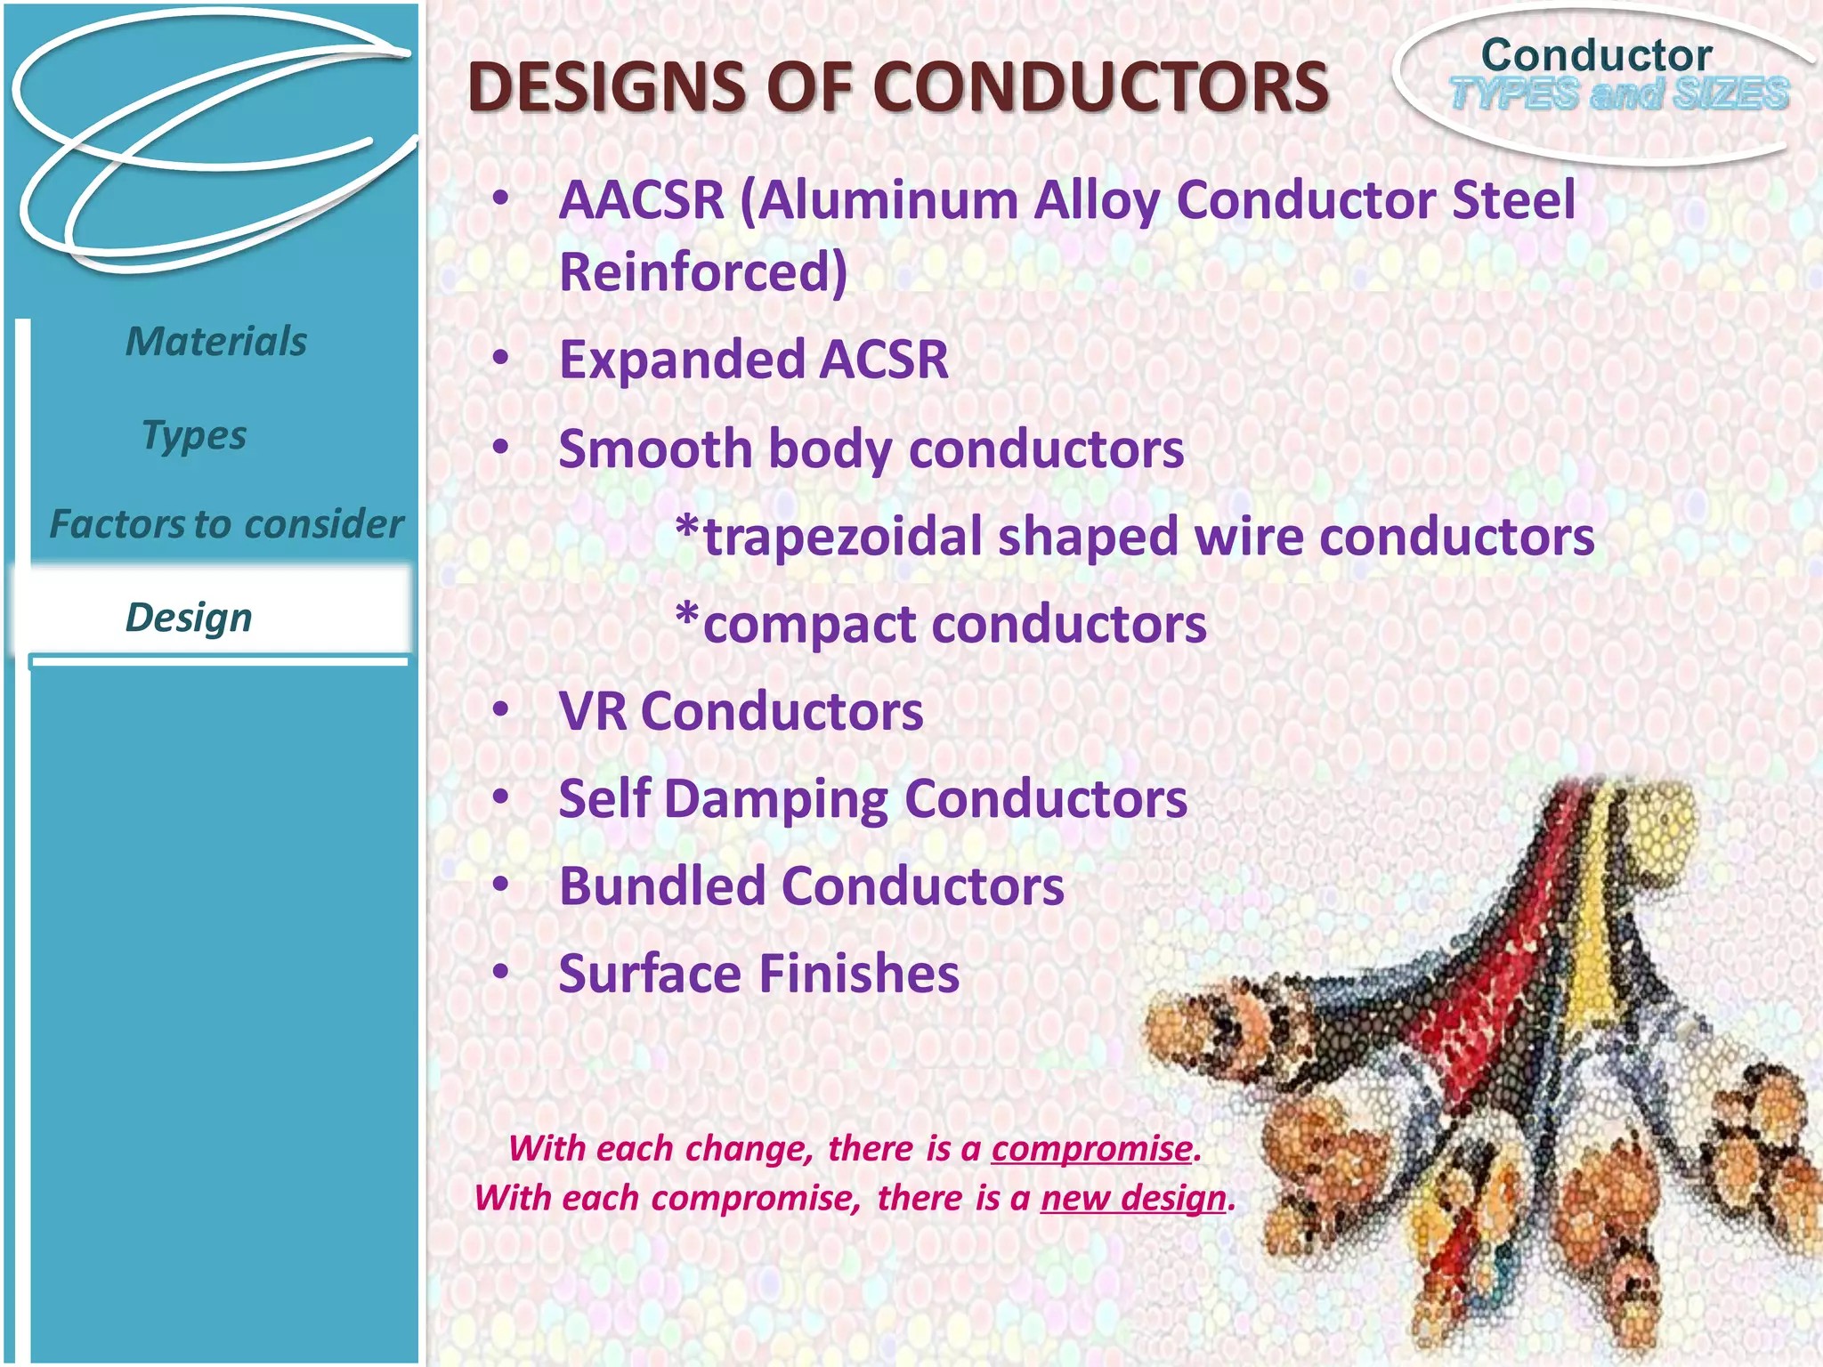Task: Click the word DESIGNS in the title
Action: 606,88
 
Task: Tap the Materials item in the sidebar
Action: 216,342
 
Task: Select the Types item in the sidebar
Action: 194,436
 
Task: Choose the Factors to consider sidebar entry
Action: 226,524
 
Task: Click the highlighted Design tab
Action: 190,618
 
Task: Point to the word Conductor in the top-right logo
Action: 1596,55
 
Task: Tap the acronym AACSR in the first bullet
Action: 642,200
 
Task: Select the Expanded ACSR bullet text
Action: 754,360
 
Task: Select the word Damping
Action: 775,799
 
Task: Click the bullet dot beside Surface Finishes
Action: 501,971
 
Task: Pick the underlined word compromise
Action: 1091,1149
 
